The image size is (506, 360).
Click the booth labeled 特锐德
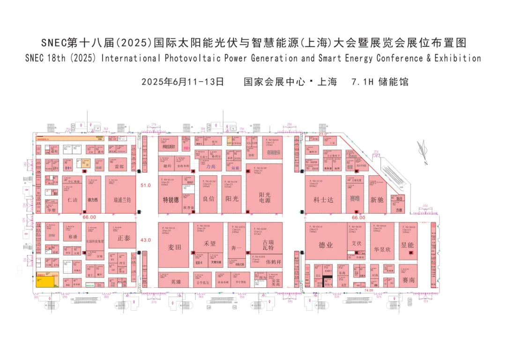coord(171,199)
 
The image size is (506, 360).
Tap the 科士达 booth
coord(323,199)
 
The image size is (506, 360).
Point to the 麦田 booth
coord(174,247)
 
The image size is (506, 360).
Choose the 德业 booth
coord(326,245)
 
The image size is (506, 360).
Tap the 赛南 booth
coord(409,280)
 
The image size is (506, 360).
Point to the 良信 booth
coord(208,199)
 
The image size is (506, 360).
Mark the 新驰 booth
coord(377,199)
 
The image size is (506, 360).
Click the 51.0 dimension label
coord(146,185)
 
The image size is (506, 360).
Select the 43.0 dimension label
coord(146,240)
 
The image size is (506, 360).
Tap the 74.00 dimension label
coord(369,290)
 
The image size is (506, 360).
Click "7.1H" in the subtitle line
coord(362,82)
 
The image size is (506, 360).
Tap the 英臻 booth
coord(176,282)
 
